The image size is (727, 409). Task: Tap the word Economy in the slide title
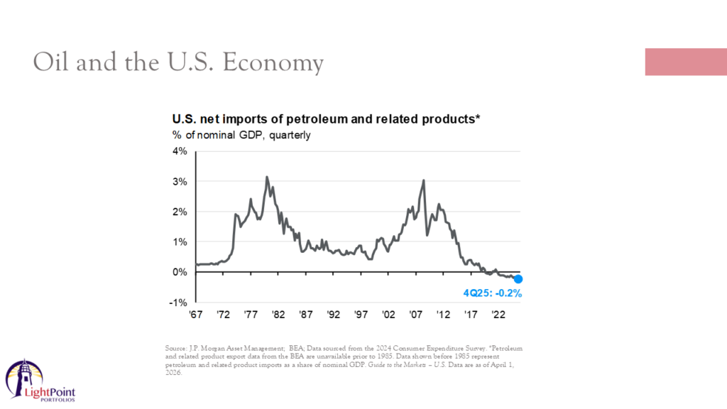[x=273, y=62]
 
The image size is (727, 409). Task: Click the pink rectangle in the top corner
[x=685, y=62]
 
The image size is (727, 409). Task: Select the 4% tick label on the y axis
[x=178, y=151]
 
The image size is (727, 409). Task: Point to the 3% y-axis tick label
[x=178, y=182]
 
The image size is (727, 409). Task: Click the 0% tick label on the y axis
[x=178, y=272]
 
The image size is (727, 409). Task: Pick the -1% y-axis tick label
[x=177, y=302]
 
